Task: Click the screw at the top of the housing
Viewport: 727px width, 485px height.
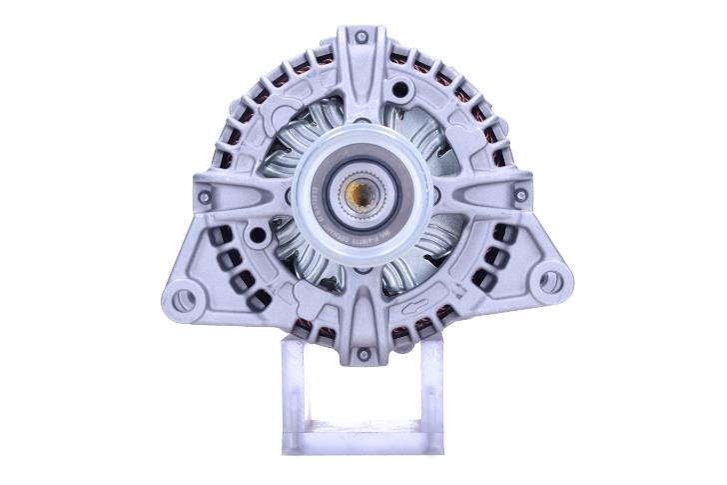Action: coord(362,38)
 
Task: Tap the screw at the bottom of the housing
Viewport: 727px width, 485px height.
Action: coord(363,354)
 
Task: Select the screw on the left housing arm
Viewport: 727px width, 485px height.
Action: coord(205,197)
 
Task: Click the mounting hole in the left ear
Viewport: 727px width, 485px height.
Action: coord(181,298)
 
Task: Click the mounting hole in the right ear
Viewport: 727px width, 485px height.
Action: coord(549,282)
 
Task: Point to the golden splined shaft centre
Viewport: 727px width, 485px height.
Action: coord(363,196)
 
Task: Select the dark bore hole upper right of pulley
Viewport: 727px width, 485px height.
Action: coord(400,91)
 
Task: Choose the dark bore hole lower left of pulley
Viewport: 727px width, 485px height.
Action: coord(259,235)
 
